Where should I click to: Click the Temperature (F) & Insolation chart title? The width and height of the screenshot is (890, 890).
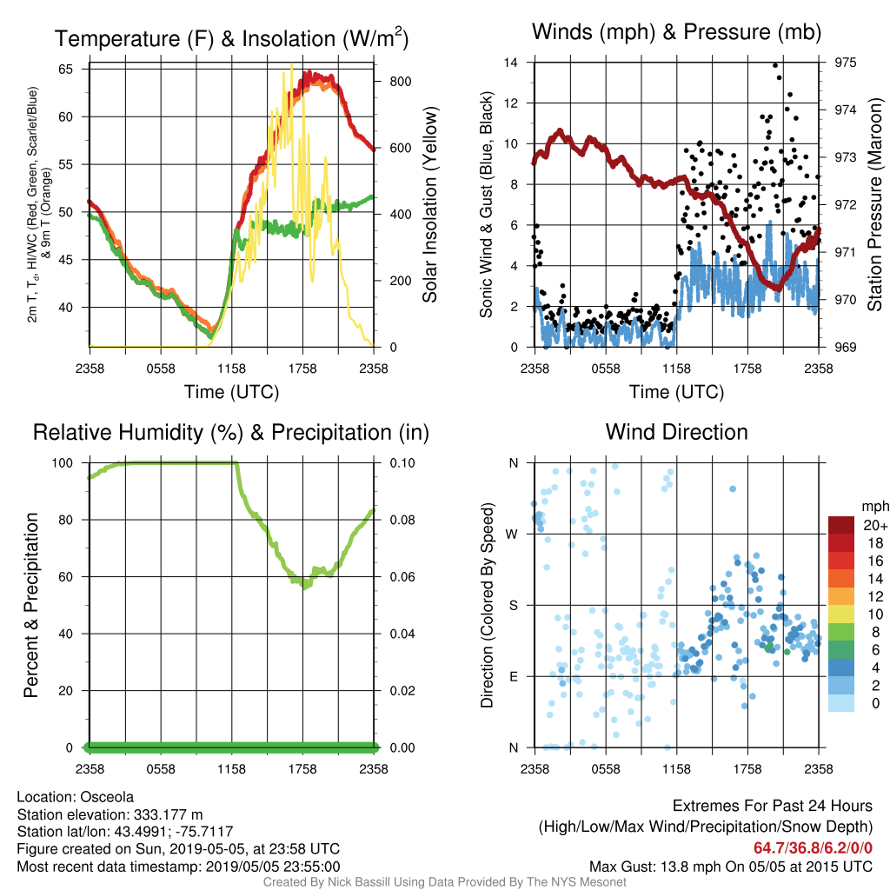(x=231, y=38)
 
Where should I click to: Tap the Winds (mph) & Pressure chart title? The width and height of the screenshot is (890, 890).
(x=676, y=32)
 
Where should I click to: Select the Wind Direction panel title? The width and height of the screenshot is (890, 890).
(x=676, y=432)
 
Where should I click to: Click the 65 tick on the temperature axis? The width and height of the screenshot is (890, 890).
(x=66, y=70)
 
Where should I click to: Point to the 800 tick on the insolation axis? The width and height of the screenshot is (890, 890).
(x=401, y=82)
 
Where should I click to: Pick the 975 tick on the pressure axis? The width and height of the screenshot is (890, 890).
(x=845, y=63)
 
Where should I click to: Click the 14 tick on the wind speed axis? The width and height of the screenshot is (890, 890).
(x=511, y=63)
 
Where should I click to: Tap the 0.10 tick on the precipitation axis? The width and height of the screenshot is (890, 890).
(x=402, y=463)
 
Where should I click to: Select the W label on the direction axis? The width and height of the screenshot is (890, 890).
(x=512, y=535)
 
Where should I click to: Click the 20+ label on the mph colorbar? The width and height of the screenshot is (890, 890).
(x=874, y=525)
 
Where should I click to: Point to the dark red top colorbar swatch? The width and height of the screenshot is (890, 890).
(x=841, y=525)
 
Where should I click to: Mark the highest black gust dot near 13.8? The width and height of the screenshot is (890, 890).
(x=775, y=65)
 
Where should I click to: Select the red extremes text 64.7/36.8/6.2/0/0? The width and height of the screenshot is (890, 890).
(x=813, y=848)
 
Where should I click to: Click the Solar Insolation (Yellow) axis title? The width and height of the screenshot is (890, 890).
(x=430, y=205)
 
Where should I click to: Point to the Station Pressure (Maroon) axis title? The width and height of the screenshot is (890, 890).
(x=874, y=205)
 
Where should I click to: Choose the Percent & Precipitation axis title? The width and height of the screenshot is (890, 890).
(x=31, y=605)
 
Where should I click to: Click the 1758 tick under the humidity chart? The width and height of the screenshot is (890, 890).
(x=302, y=769)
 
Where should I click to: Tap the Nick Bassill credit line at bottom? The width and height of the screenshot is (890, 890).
(x=444, y=882)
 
